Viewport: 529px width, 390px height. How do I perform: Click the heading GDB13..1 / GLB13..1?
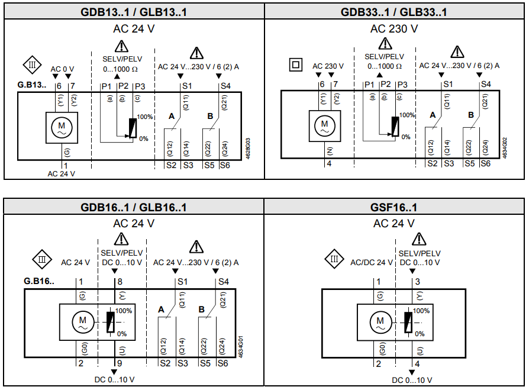point(134,12)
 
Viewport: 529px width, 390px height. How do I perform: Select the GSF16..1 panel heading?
point(395,207)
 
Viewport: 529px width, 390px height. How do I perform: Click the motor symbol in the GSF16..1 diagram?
point(379,323)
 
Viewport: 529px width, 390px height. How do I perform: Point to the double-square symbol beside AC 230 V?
point(295,65)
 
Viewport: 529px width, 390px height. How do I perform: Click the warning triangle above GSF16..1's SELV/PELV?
point(420,239)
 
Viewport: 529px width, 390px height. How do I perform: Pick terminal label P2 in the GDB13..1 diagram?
point(123,86)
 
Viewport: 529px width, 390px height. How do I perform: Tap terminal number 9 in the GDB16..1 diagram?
point(121,363)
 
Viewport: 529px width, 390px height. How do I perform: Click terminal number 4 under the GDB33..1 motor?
point(329,164)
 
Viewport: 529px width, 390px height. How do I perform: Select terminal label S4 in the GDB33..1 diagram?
point(486,85)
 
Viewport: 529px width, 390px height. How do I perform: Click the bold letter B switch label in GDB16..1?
point(202,309)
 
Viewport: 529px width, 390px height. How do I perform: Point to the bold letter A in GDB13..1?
point(172,117)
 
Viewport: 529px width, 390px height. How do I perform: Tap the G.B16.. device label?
point(39,281)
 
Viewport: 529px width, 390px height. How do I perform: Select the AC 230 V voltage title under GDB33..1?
point(394,28)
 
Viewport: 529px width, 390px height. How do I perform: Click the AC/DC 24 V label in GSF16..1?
point(372,262)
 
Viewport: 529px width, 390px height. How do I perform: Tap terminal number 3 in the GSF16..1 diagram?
point(417,282)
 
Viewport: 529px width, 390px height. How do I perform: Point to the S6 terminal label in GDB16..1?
point(222,363)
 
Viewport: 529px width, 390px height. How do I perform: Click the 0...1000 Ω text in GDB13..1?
point(121,69)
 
